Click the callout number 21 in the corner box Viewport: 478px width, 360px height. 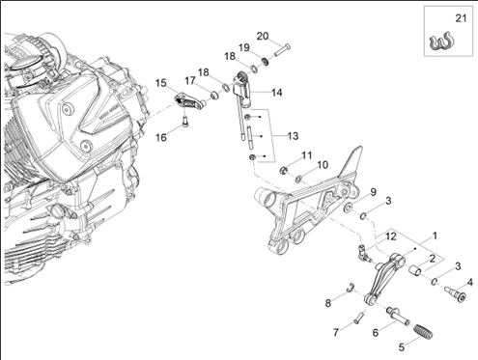point(461,18)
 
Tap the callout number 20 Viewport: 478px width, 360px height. point(263,36)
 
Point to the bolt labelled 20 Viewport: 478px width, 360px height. point(282,49)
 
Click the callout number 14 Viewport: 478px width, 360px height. point(277,93)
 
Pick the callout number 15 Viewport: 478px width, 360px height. point(161,83)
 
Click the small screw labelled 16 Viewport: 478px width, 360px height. point(185,122)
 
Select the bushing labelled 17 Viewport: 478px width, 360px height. point(214,96)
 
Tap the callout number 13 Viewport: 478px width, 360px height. point(293,136)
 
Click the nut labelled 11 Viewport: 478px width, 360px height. point(284,170)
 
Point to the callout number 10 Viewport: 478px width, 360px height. point(323,165)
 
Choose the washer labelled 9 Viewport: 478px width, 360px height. point(348,208)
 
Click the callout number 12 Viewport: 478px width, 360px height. point(391,236)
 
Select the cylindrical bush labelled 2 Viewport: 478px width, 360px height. point(415,271)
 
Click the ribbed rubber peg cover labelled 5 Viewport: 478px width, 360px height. point(423,331)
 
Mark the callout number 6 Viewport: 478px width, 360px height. point(376,332)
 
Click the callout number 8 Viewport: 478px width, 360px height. point(328,303)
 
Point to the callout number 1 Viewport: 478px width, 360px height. point(435,235)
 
